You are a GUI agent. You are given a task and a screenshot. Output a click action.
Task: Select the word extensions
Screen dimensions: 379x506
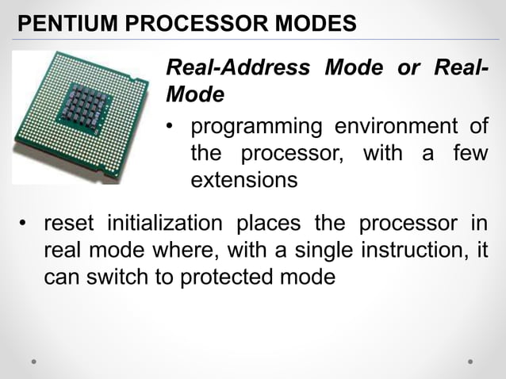(x=244, y=181)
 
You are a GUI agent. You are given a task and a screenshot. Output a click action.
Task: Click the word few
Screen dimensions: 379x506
(x=468, y=153)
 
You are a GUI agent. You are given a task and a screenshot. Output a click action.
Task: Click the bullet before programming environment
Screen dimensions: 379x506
(x=171, y=127)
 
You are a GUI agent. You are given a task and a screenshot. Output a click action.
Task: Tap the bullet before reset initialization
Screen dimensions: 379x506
(x=24, y=223)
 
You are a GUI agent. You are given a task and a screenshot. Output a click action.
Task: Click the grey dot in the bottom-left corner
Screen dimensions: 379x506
(x=34, y=361)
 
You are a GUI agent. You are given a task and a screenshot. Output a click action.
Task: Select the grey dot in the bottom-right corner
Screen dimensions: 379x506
(x=470, y=361)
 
